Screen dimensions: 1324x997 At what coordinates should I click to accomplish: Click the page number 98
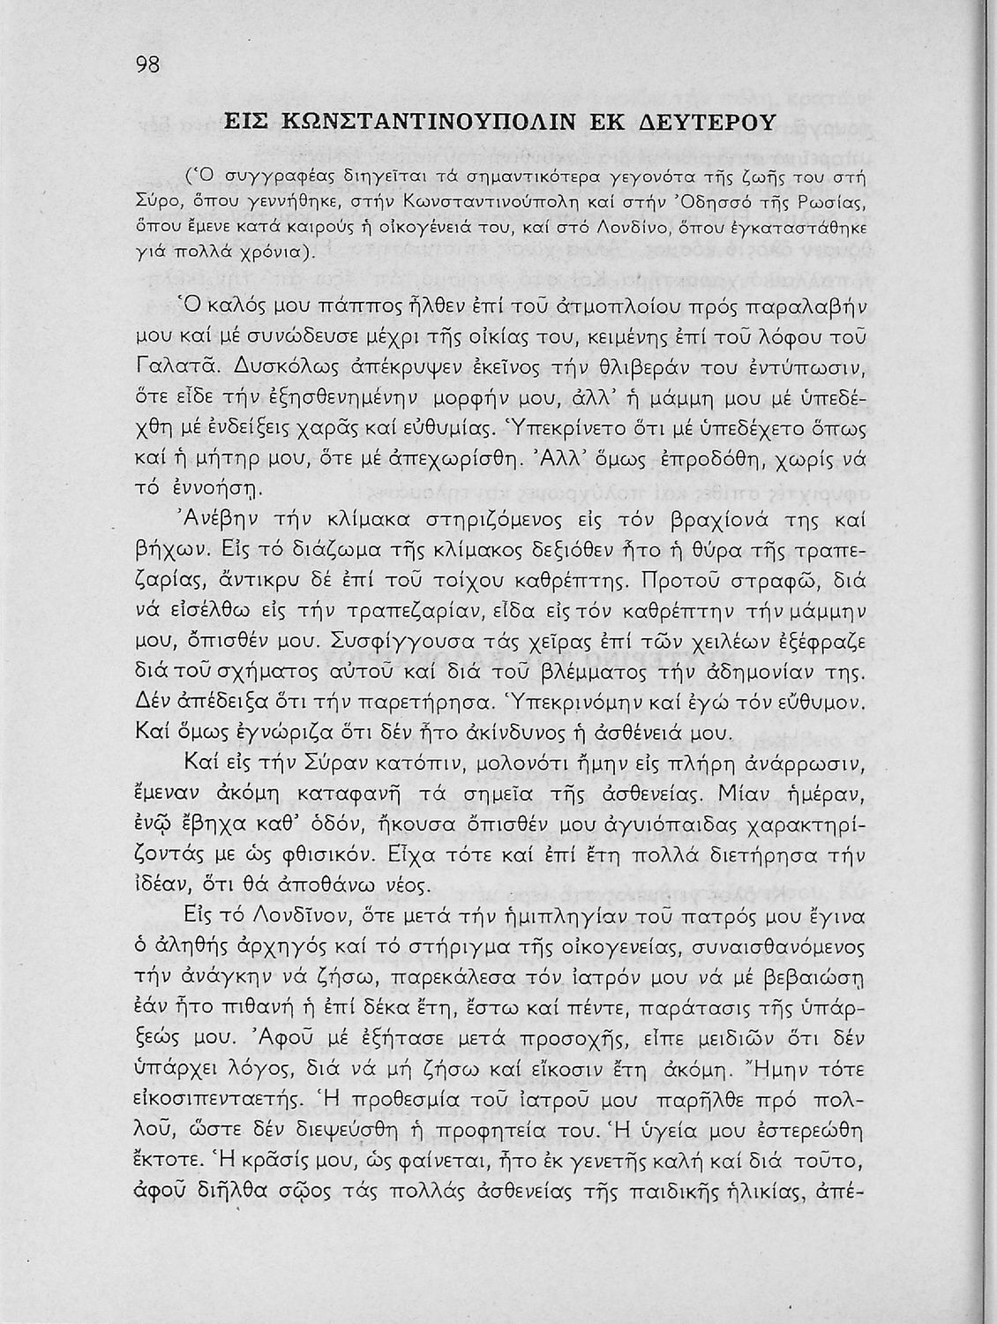click(147, 65)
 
